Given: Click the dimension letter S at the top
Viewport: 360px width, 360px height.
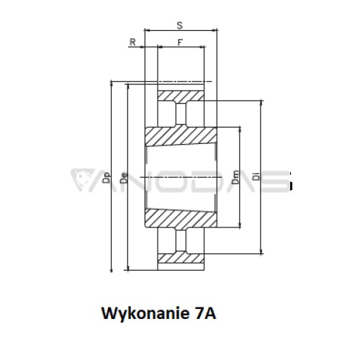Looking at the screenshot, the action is (x=179, y=25).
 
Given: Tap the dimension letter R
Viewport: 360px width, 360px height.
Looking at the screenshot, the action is (x=132, y=42).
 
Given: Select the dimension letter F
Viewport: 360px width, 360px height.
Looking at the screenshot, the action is (x=180, y=42).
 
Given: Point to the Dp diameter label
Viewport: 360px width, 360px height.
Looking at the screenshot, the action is (x=107, y=178).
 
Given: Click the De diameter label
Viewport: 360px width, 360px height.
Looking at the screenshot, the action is (x=124, y=178).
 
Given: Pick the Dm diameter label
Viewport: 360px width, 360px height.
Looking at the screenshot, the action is (x=235, y=177).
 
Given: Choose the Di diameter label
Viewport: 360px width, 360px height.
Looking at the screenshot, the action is (x=256, y=176).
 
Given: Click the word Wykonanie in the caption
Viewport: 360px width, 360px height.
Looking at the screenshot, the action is (x=145, y=314).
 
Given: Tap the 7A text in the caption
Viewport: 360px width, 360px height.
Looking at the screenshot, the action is (x=205, y=313).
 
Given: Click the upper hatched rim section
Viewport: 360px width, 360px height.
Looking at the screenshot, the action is (x=181, y=96).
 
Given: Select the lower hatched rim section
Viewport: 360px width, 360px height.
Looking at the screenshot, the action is (x=181, y=258).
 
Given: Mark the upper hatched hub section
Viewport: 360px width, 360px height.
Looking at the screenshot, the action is (x=181, y=136).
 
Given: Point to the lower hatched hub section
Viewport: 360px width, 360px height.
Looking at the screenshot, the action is (x=181, y=218).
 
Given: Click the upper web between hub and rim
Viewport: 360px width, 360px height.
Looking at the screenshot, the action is (x=181, y=114).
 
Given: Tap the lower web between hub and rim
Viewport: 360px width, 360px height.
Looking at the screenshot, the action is (x=181, y=240).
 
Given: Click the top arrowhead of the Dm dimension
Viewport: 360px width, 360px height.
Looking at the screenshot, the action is (x=240, y=130).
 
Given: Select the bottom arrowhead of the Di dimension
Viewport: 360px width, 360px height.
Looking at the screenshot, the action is (x=261, y=251).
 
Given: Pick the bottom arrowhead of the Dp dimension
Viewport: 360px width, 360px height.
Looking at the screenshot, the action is (x=111, y=269).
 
